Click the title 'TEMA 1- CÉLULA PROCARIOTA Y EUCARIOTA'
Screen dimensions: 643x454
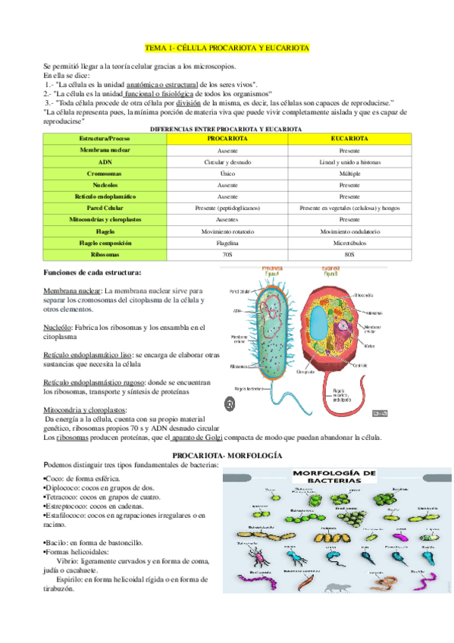click(227, 48)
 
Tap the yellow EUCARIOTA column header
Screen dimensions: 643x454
click(350, 140)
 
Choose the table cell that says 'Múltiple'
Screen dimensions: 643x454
click(350, 174)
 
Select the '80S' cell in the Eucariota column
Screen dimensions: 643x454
click(350, 254)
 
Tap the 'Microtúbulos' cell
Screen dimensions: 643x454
click(350, 243)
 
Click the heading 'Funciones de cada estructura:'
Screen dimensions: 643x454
click(92, 271)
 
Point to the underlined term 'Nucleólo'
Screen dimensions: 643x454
click(60, 327)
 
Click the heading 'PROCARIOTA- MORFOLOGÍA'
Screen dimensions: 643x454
click(227, 455)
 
